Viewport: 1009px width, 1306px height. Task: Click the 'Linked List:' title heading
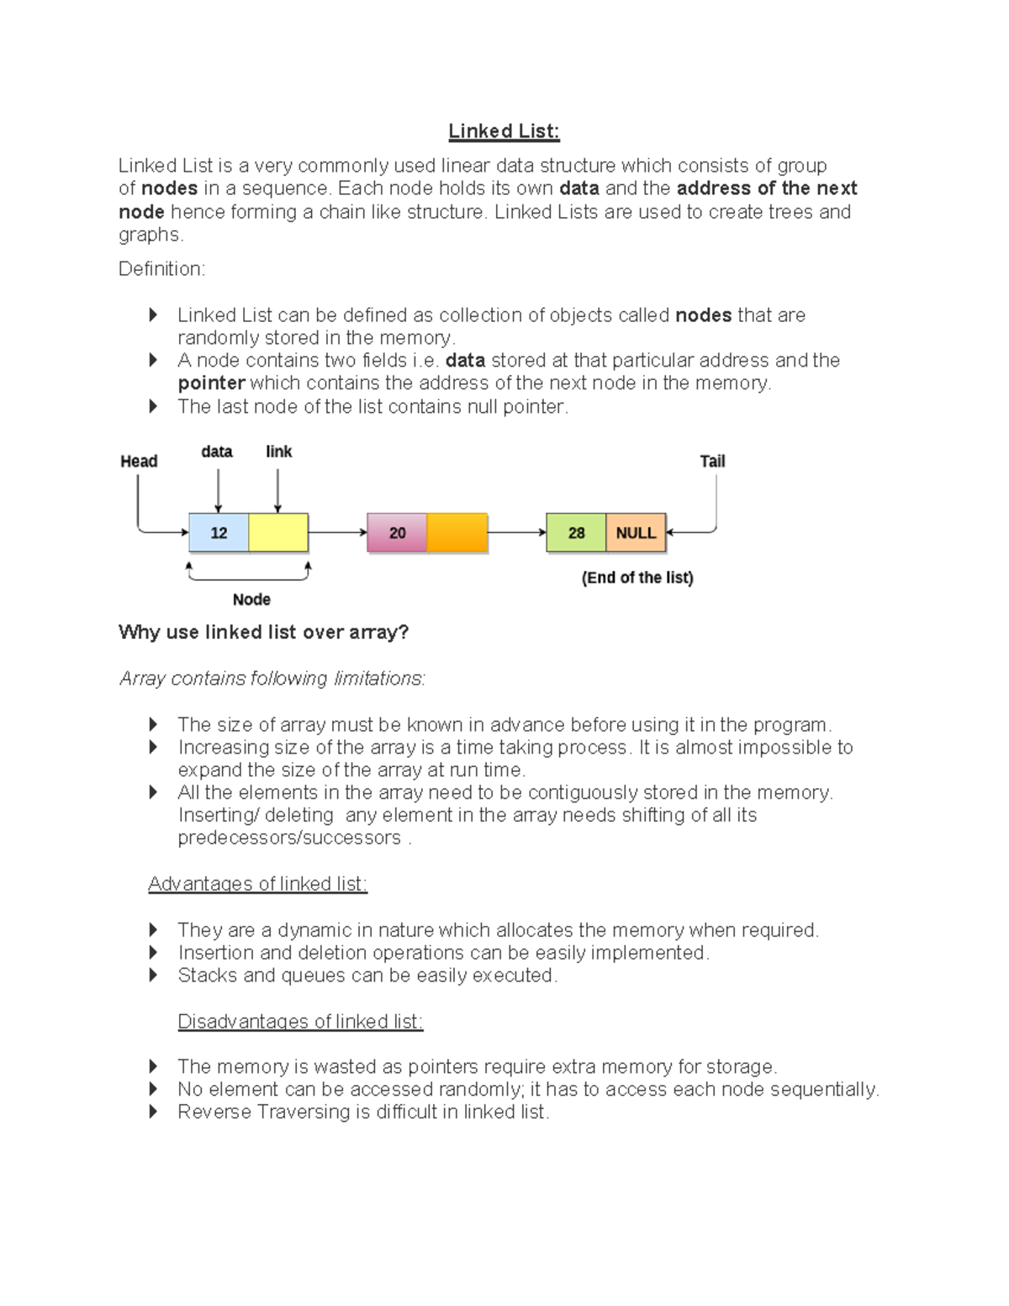point(503,131)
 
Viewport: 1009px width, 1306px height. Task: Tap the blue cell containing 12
point(219,533)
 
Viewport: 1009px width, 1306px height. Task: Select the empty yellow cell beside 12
point(278,533)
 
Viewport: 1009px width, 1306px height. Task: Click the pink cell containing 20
point(397,533)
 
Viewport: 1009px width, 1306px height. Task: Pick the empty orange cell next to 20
point(457,533)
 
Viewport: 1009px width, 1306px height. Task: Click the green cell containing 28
point(576,533)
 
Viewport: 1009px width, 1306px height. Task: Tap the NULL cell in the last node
point(636,533)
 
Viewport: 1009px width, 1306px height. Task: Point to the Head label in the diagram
point(139,461)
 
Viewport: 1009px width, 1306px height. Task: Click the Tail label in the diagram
point(712,461)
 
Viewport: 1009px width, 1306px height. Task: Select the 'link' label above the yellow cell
point(278,452)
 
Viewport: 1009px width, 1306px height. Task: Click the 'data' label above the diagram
point(217,452)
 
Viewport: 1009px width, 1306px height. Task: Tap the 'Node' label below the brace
point(251,600)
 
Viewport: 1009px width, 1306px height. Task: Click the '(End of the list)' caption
point(637,578)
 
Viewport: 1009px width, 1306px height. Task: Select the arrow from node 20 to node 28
point(516,532)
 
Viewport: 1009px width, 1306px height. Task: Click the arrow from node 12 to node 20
point(337,532)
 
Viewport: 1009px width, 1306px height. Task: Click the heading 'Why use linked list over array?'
point(263,632)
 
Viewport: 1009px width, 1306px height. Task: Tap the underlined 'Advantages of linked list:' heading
point(257,884)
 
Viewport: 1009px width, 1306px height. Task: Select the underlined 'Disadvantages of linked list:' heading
point(300,1021)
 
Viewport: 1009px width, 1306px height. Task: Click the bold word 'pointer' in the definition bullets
point(211,383)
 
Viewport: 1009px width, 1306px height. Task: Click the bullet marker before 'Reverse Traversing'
point(153,1112)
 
